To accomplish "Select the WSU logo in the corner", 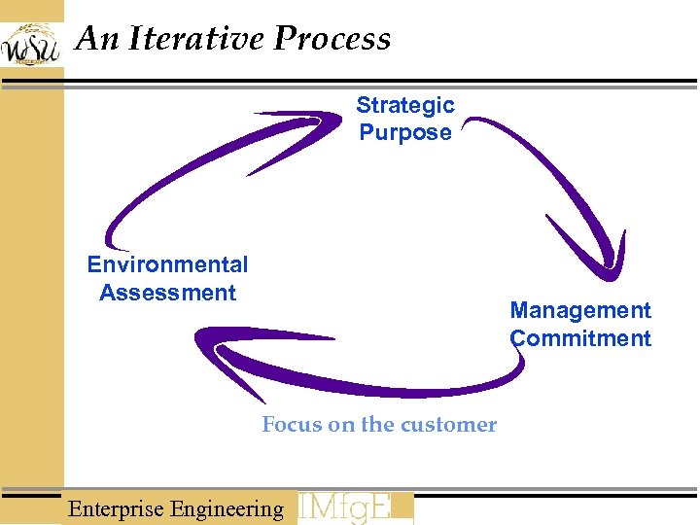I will (x=30, y=44).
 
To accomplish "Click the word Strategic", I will (x=404, y=105).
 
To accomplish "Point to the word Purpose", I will (x=404, y=132).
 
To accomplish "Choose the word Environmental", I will (x=167, y=264).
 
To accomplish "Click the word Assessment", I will (x=167, y=293).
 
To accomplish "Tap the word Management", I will (x=580, y=310).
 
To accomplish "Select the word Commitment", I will (x=580, y=338).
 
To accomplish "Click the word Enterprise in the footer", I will (x=117, y=508).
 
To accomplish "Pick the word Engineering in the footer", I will (x=227, y=508).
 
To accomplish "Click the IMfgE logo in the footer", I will (x=354, y=508).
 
